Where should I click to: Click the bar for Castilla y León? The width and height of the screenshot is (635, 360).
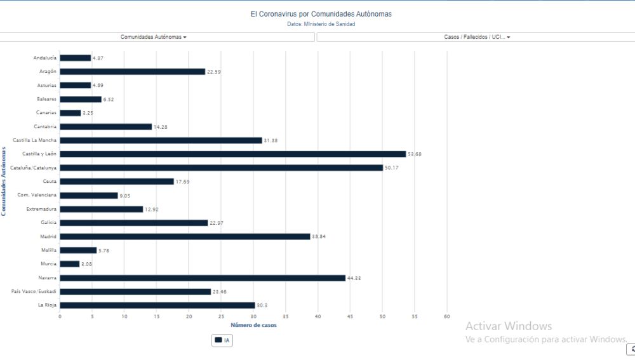coord(232,154)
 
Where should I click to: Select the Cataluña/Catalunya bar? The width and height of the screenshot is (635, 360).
coord(221,168)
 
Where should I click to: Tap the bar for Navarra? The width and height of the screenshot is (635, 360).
coord(203,277)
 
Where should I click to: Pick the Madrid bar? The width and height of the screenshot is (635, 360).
coord(185,236)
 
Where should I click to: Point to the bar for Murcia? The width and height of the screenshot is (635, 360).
coord(70,263)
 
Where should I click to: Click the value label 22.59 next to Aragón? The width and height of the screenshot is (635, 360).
coord(214,72)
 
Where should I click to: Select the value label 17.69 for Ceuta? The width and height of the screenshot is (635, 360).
coord(182,182)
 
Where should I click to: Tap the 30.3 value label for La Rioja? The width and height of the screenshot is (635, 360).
coord(261,305)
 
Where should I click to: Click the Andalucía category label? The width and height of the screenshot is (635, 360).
coord(45,58)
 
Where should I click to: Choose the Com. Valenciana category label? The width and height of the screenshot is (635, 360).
coord(37,195)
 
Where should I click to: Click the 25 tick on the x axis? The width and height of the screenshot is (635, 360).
coord(221,316)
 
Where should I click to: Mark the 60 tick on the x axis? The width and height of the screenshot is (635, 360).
coord(447,316)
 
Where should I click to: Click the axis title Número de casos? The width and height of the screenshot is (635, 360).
coord(253,326)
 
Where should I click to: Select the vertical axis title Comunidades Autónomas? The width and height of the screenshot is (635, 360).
coord(4,182)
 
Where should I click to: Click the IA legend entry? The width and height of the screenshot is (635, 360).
coord(223,340)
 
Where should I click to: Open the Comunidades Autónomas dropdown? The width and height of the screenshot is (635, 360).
coord(154,37)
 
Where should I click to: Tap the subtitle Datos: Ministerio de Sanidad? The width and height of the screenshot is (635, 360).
coord(321,24)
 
